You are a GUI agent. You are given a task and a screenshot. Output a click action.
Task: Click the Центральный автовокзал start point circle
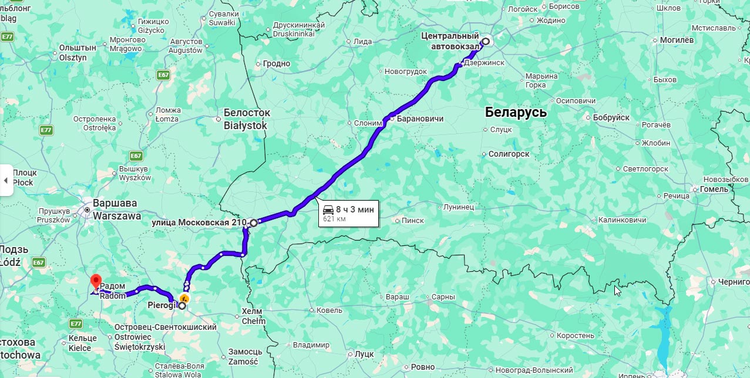pos(486,42)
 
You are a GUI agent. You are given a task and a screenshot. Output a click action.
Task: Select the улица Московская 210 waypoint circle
pos(253,223)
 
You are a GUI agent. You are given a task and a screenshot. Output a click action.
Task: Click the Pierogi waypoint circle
pos(182,306)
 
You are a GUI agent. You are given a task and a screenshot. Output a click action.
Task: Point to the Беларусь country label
pos(516,113)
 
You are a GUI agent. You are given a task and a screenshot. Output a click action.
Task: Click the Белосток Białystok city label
pos(246,119)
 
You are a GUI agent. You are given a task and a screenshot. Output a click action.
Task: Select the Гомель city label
pos(714,189)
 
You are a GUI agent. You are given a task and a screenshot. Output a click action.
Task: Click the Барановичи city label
pos(420,119)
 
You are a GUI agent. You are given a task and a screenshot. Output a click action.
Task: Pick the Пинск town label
pos(412,221)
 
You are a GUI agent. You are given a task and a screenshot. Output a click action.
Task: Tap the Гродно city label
pos(276,63)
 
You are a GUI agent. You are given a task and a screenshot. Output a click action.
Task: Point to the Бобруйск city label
pos(611,117)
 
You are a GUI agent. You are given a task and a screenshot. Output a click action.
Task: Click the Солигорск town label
pos(509,154)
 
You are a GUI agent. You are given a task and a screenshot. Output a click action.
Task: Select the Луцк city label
pos(364,355)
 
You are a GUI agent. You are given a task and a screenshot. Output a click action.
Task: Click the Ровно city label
pos(423,367)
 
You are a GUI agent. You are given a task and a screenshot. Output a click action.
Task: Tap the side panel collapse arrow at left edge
pos(6,180)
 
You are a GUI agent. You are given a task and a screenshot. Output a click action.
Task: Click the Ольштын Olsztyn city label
pos(73,53)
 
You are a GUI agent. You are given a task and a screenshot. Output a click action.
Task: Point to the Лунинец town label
pos(458,207)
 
